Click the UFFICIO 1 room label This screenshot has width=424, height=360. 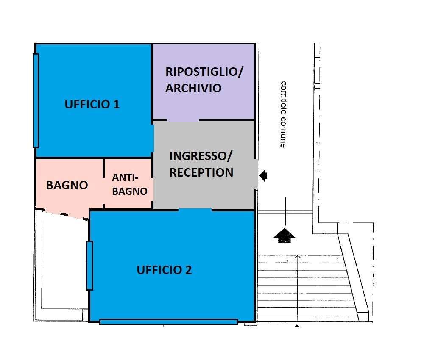pyautogui.click(x=92, y=105)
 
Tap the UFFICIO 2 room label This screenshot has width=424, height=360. pyautogui.click(x=164, y=270)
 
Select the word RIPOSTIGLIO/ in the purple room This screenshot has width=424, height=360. pyautogui.click(x=204, y=72)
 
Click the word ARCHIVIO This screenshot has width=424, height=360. pyautogui.click(x=193, y=89)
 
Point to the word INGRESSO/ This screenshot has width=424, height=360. pyautogui.click(x=201, y=156)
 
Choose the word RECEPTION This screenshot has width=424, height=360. pyautogui.click(x=201, y=172)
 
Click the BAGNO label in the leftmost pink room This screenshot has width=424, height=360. pyautogui.click(x=67, y=185)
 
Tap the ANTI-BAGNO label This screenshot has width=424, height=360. pyautogui.click(x=130, y=184)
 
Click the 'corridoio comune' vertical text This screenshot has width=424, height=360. pyautogui.click(x=283, y=114)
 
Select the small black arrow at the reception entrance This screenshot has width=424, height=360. pyautogui.click(x=263, y=175)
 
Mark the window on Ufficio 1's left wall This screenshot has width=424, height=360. pyautogui.click(x=36, y=100)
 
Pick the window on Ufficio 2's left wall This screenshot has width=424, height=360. pyautogui.click(x=89, y=265)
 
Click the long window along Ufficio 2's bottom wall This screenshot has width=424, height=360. pyautogui.click(x=168, y=322)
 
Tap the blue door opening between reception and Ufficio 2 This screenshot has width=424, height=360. pyautogui.click(x=195, y=209)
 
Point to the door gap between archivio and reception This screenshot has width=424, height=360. pyautogui.click(x=183, y=120)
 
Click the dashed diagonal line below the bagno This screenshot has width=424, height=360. pyautogui.click(x=63, y=214)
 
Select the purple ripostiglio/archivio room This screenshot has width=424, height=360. pyautogui.click(x=204, y=102)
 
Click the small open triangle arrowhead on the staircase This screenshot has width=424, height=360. pyautogui.click(x=298, y=257)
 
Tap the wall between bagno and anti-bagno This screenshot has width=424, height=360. pyautogui.click(x=104, y=183)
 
